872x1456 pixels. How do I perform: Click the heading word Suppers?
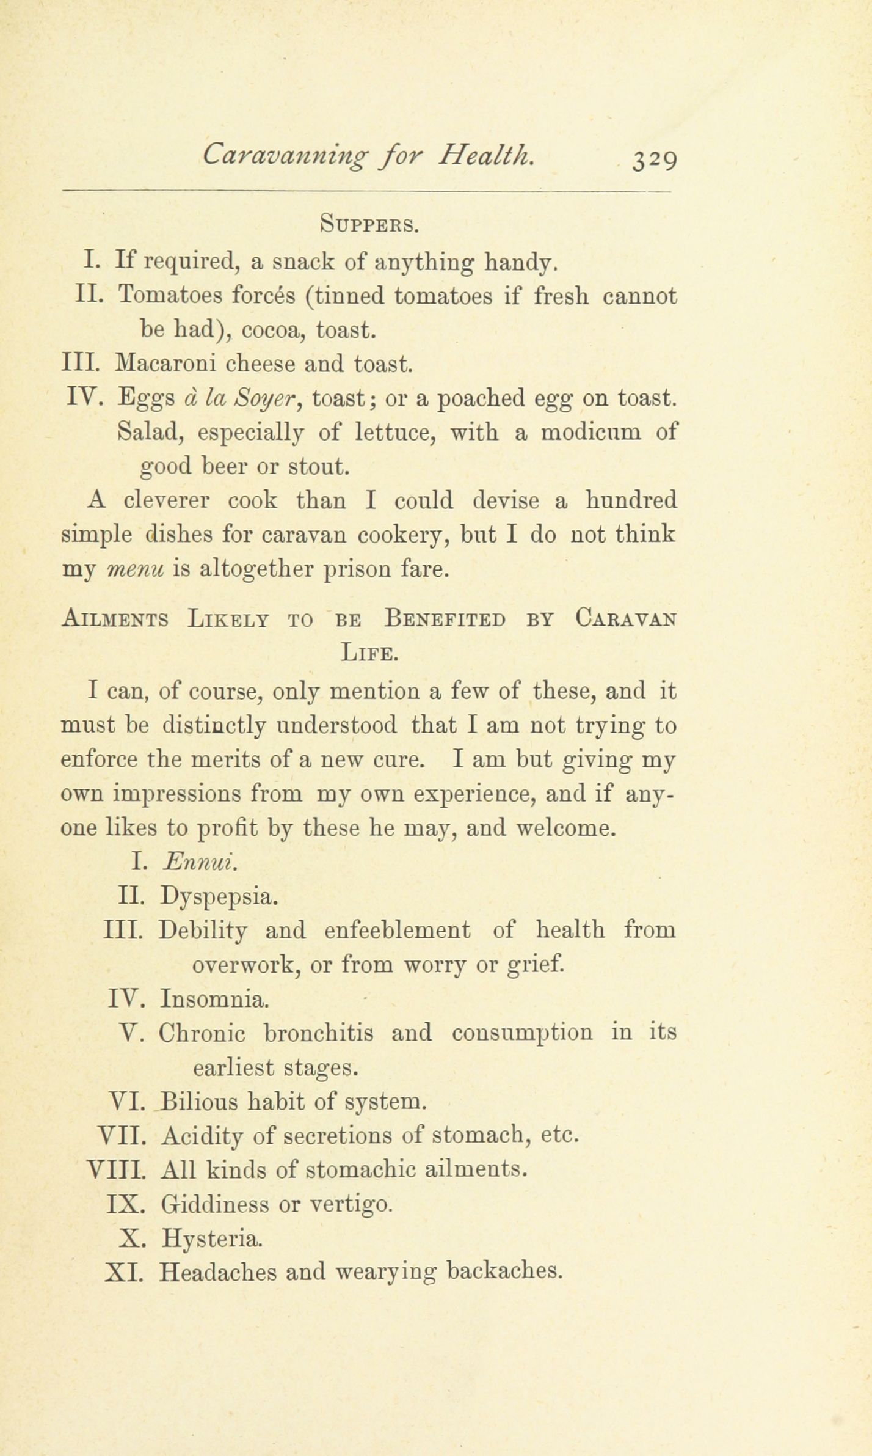tap(368, 225)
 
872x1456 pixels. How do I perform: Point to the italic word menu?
tap(136, 569)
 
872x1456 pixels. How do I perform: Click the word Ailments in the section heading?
tap(115, 618)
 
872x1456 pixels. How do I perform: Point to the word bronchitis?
tap(319, 1033)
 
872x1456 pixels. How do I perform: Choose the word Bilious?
tap(203, 1102)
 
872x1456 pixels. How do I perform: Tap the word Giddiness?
tap(214, 1204)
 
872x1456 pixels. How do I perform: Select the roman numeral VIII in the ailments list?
tap(117, 1170)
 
